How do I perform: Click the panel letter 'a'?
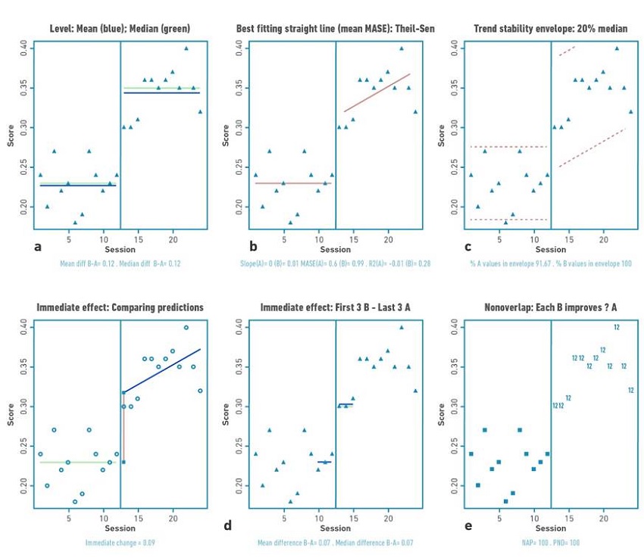(37, 246)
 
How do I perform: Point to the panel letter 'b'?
(253, 246)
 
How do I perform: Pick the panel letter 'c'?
(468, 246)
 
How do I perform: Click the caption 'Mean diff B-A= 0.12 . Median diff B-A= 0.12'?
(120, 263)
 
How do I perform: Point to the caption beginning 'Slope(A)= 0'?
(335, 263)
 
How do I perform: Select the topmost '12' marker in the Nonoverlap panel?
(617, 326)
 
